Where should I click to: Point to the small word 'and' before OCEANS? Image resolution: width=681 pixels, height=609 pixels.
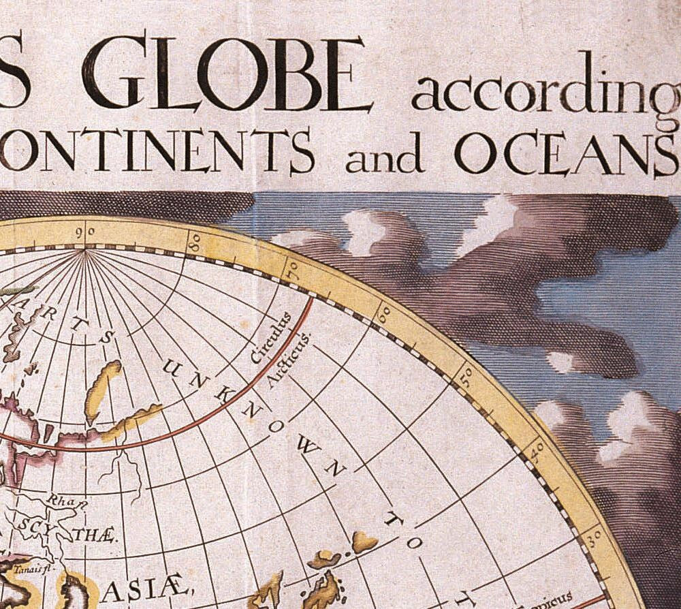click(384, 157)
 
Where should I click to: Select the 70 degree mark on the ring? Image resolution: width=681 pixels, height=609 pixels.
click(293, 269)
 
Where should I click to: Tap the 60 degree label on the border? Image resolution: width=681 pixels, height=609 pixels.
click(384, 313)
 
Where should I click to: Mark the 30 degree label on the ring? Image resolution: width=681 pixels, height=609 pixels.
click(592, 537)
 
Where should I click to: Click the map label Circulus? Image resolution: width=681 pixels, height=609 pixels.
click(270, 339)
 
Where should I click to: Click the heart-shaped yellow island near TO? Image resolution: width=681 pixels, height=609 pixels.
click(364, 542)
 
